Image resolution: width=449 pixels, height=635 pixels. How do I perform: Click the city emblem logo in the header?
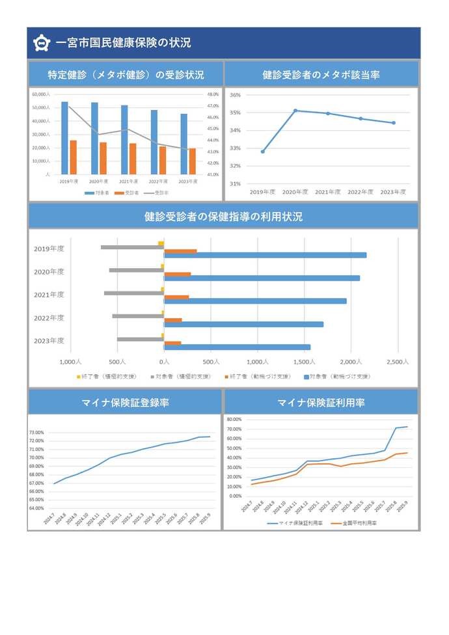click(x=42, y=44)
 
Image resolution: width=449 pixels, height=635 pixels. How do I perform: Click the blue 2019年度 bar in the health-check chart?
click(x=64, y=138)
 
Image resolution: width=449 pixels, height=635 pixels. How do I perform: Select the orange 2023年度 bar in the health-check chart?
click(x=193, y=161)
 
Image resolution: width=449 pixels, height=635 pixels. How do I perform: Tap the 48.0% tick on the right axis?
click(x=212, y=94)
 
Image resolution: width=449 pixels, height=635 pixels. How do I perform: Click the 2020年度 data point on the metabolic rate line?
click(x=295, y=111)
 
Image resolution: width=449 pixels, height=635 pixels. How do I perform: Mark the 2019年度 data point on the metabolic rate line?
click(x=263, y=152)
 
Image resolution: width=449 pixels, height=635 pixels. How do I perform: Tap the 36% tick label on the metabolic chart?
click(x=235, y=95)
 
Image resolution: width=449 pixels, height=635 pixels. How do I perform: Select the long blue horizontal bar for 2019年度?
click(x=265, y=255)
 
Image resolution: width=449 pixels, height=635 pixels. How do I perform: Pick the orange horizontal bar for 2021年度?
click(x=176, y=297)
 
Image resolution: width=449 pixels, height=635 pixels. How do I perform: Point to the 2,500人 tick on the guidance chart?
click(x=397, y=362)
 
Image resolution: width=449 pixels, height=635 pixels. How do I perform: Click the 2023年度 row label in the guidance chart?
click(x=49, y=340)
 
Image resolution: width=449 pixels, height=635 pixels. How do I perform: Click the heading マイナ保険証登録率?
click(x=126, y=403)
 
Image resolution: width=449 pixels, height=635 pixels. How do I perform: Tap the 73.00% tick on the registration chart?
click(x=36, y=433)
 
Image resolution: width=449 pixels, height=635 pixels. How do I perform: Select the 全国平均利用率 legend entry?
click(x=355, y=522)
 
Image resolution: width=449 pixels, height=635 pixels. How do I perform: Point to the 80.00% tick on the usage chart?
click(x=232, y=420)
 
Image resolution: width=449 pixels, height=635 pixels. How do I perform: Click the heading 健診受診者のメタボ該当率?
click(x=321, y=75)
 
